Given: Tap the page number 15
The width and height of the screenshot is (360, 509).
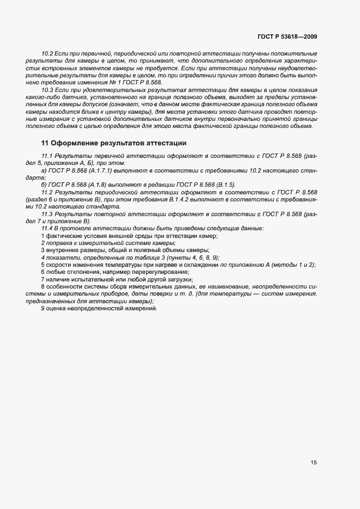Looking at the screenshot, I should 314,463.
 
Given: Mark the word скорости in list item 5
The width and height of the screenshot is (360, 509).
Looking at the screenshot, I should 58,265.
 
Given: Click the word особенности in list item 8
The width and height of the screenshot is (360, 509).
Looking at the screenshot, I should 63,286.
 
